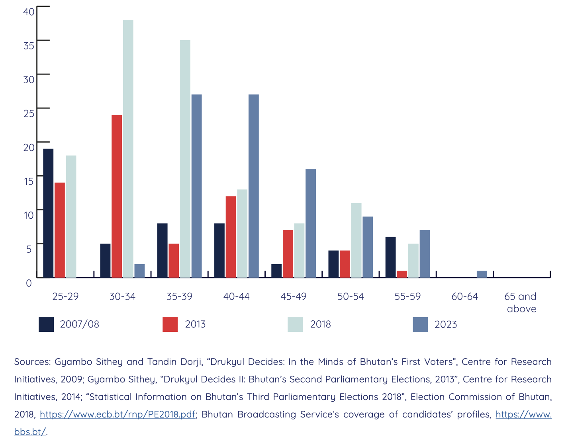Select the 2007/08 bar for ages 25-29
48,213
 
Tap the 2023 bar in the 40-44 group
253,186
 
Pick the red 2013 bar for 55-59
402,274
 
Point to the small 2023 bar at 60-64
482,274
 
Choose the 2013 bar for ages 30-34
117,196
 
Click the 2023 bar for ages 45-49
310,223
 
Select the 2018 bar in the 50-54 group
356,240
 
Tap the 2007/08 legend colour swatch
46,324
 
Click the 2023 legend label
445,324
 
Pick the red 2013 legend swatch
170,324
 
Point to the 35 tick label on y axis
29,45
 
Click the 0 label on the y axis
29,283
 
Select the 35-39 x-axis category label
179,296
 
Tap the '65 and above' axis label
521,302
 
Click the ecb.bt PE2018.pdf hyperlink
118,414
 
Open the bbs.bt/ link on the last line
30,432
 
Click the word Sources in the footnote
32,362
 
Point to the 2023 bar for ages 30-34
139,271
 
